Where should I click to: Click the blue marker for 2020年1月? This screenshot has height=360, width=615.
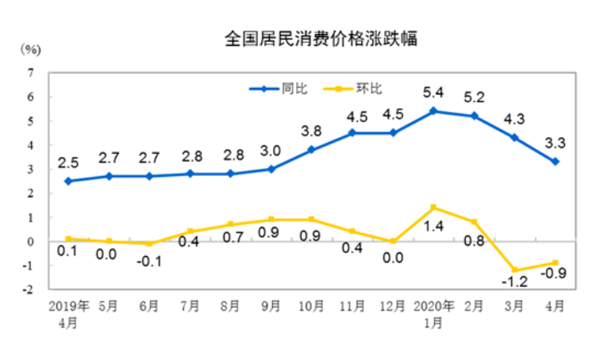[x=433, y=111]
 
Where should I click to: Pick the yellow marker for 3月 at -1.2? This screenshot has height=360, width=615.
[x=515, y=270]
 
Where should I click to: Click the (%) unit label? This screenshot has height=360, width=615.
[x=29, y=49]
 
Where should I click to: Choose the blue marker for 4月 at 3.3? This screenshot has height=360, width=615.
[x=555, y=162]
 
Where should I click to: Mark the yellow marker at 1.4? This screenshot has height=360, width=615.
[x=433, y=208]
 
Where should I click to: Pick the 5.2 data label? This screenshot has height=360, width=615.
[x=475, y=98]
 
